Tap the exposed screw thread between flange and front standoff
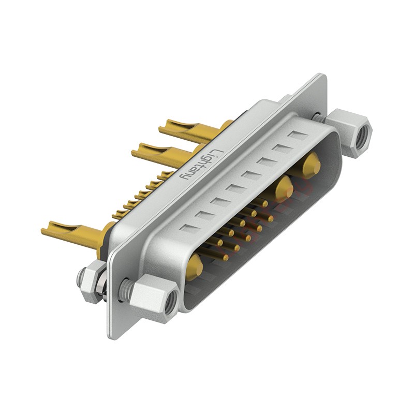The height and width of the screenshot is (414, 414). pyautogui.click(x=124, y=286)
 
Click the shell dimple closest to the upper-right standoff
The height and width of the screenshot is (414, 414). pyautogui.click(x=298, y=136)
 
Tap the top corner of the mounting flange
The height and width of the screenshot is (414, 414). pyautogui.click(x=323, y=77)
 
